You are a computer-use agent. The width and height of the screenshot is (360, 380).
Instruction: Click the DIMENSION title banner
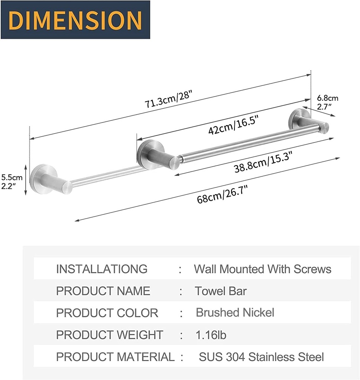coord(75,20)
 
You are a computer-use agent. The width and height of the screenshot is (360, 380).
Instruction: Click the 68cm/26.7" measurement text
coord(222,194)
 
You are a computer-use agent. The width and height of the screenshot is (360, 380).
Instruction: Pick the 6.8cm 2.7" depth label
coord(327,102)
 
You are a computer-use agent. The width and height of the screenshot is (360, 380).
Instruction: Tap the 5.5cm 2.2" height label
coord(12,181)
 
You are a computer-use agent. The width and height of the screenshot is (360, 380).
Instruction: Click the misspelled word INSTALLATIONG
coord(101,269)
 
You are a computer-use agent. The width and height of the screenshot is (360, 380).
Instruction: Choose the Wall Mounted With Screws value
coord(262,269)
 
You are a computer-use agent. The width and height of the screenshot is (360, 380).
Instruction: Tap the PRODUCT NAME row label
coord(103,291)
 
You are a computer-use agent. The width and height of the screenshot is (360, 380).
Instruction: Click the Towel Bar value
coord(221,291)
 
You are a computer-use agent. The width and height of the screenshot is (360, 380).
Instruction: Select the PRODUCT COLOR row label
coord(107,313)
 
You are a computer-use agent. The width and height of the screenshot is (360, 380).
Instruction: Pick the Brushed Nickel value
coord(235,312)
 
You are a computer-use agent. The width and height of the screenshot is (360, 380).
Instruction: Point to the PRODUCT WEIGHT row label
coord(109,335)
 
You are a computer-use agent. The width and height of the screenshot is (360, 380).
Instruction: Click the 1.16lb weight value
coord(211,335)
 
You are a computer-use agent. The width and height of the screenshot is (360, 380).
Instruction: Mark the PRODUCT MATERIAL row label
coord(115,357)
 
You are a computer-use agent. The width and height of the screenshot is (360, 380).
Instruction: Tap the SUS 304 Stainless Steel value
coord(261,357)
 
